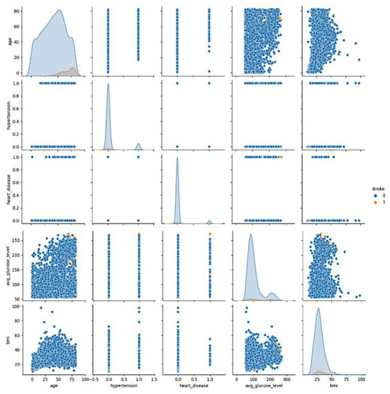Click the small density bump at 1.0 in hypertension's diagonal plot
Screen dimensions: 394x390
(x=138, y=146)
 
